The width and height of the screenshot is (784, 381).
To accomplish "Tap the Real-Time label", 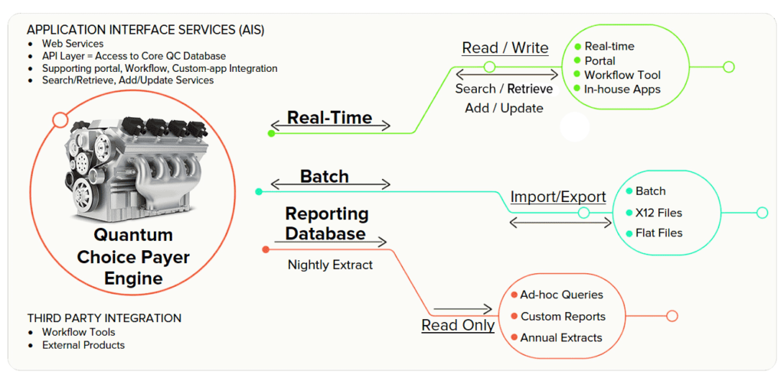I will tap(329, 118).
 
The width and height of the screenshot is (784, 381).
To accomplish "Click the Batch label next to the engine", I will tap(324, 177).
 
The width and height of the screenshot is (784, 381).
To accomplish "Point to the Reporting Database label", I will tap(327, 223).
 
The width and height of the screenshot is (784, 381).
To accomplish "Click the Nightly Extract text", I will tap(330, 265).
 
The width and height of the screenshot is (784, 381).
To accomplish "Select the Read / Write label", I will tap(505, 47).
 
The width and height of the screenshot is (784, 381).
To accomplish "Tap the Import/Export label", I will tap(558, 197).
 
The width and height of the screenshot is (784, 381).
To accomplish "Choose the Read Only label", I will tap(458, 325).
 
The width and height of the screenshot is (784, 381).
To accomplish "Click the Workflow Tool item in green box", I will tap(622, 75).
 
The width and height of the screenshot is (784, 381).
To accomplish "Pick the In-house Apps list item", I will tap(622, 89).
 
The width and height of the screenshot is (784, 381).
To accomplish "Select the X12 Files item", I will tap(658, 213).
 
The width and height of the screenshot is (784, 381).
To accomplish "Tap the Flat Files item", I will tap(658, 233).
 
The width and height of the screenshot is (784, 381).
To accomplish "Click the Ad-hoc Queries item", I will tap(561, 295).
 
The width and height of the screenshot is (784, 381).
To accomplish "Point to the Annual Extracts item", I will tap(561, 337).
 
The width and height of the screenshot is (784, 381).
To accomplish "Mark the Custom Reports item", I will tap(563, 316).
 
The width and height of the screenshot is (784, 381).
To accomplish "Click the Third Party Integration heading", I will tap(104, 317).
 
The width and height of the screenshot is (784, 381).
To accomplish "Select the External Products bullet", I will tap(83, 345).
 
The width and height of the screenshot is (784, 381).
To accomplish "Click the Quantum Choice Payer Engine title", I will tap(132, 256).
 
